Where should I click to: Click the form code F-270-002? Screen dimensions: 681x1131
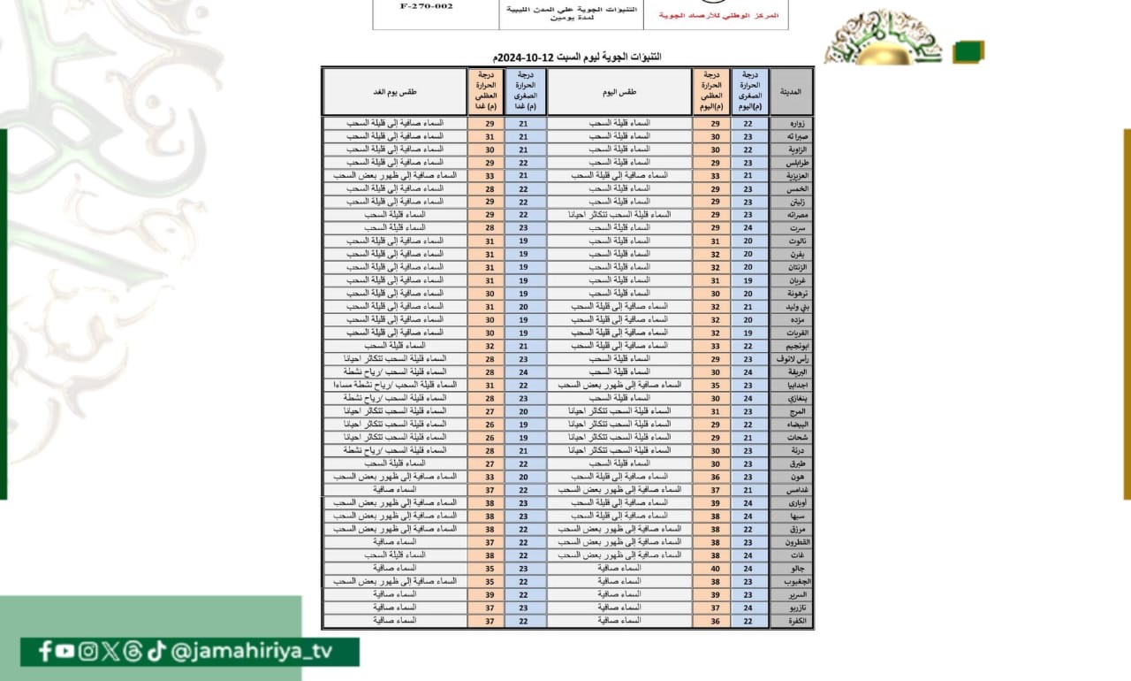[x=426, y=6]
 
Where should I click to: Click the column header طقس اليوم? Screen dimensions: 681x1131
[x=619, y=91]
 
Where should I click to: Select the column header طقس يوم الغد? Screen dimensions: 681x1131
[x=395, y=91]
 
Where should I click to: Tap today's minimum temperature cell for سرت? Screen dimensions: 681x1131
[x=749, y=228]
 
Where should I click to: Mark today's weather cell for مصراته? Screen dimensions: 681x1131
[x=619, y=215]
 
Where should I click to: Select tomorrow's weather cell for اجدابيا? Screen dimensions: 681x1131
[x=395, y=386]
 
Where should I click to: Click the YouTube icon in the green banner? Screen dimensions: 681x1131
[x=65, y=652]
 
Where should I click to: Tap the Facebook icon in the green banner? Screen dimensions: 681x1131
[x=45, y=652]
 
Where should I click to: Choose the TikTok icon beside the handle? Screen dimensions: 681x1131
[x=156, y=652]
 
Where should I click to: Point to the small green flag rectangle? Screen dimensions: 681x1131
[x=968, y=51]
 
